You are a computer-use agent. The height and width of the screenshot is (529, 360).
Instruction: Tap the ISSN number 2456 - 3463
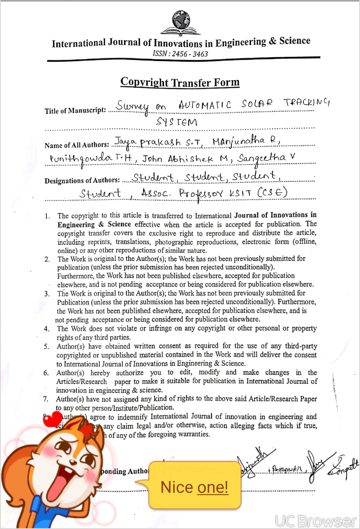pos(181,54)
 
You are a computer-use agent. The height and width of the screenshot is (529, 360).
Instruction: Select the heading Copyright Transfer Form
pos(180,82)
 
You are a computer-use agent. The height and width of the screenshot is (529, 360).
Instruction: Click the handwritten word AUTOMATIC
pos(204,105)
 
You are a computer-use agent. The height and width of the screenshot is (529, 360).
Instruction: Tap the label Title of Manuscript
pos(75,111)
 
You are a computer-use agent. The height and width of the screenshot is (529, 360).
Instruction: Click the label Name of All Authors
pos(77,145)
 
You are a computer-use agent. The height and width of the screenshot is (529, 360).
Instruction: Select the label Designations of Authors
pos(82,180)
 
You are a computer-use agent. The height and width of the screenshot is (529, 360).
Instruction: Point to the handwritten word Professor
pos(204,194)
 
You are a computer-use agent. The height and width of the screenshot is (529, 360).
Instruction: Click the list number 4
pos(46,329)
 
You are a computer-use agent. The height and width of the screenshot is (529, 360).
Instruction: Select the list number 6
pos(46,373)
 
